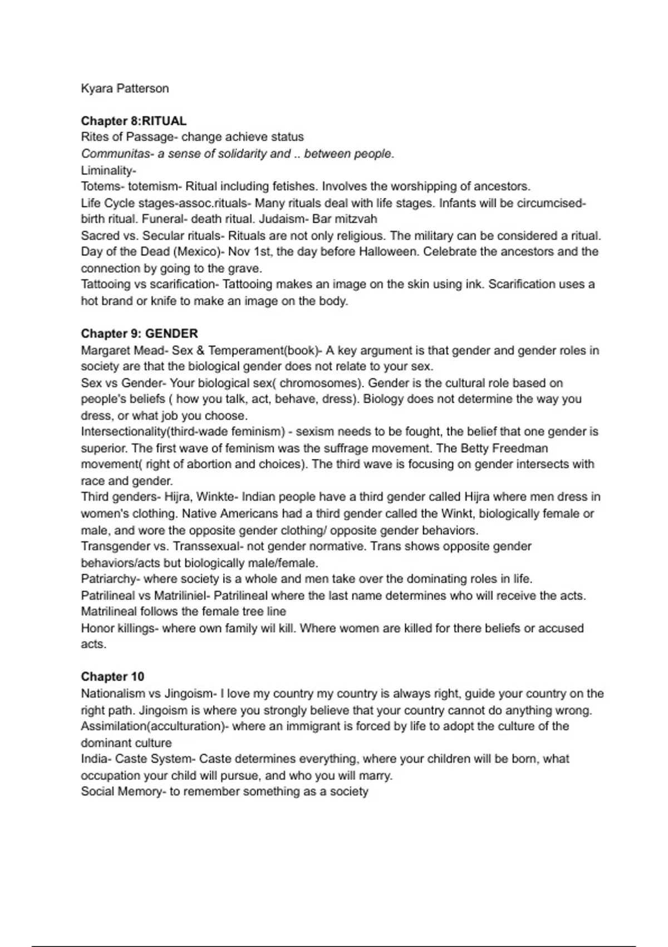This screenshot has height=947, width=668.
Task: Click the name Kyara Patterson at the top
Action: [125, 89]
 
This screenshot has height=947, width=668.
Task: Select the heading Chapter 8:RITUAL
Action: [134, 121]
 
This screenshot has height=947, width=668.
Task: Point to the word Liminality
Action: [108, 170]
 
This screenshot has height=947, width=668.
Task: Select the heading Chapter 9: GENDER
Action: [139, 334]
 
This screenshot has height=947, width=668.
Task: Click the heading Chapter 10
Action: [112, 677]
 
